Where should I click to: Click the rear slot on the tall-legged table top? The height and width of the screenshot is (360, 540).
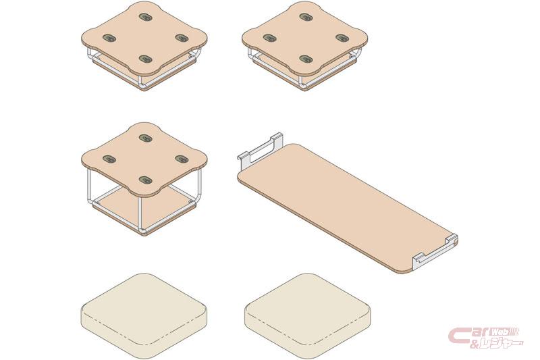point(146,138)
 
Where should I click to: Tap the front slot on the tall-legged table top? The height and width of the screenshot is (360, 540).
point(146,180)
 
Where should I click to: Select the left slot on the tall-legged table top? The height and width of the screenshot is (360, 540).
point(109,159)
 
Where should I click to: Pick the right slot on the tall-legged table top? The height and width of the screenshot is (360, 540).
point(182,159)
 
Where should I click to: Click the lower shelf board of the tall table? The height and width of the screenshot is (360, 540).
point(144,210)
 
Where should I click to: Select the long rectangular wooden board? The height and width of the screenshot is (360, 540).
point(346,209)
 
